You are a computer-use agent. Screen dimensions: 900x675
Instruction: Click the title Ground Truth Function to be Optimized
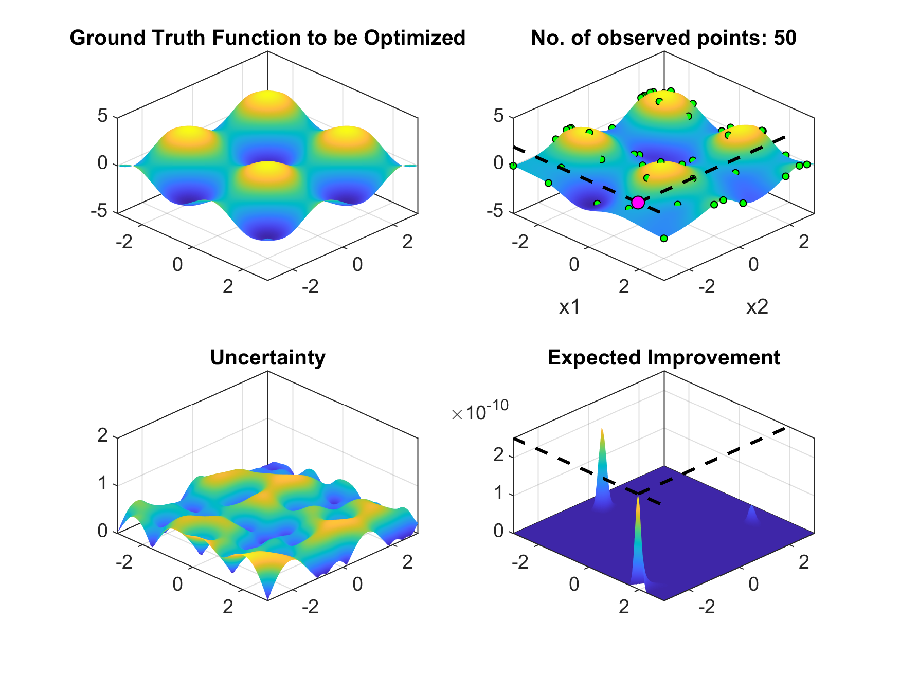tap(267, 38)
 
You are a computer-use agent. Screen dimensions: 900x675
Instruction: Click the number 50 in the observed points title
tap(785, 38)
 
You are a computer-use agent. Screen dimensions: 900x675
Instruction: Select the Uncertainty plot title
tap(267, 357)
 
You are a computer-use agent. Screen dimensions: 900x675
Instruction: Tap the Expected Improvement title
tap(663, 357)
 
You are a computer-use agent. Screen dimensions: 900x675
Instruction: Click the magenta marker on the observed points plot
tap(638, 203)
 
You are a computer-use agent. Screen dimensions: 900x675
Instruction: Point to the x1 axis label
tap(570, 307)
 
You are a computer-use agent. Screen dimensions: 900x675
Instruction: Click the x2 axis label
tap(757, 307)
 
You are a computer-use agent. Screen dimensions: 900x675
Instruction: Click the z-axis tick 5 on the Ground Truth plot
tap(103, 116)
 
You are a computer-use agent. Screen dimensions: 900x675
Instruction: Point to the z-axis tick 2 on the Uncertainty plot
tap(103, 435)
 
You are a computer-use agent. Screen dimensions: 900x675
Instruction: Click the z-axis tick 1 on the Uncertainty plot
tap(103, 483)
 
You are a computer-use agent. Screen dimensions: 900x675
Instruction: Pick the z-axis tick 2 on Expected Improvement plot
tap(499, 456)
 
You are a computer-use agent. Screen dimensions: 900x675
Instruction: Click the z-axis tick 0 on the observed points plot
tap(499, 163)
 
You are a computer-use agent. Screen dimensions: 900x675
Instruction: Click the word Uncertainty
tap(267, 357)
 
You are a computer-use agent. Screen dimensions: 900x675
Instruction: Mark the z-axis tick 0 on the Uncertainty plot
tap(103, 531)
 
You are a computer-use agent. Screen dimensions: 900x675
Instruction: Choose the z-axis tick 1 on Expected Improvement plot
tap(499, 495)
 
